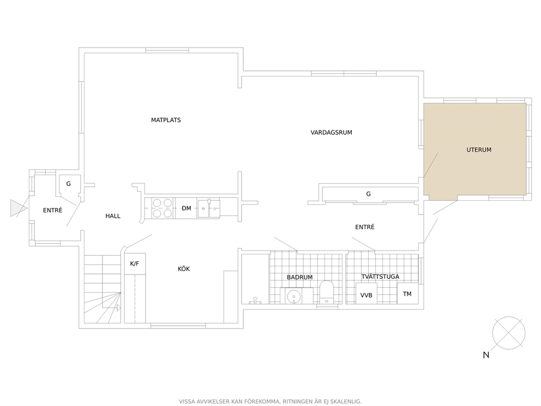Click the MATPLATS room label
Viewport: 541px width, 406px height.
(166, 120)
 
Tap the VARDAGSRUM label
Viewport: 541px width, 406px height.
(331, 133)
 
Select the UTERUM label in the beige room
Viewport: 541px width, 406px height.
(479, 150)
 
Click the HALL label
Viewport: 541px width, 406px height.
(113, 216)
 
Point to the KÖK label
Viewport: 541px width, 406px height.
(184, 268)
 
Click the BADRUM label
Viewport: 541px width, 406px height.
(300, 277)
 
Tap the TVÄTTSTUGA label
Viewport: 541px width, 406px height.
(380, 277)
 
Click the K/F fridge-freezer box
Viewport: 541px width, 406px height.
(135, 264)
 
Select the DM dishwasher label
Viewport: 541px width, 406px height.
(187, 208)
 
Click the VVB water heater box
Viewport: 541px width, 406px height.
(366, 294)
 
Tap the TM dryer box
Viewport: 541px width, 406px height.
(407, 294)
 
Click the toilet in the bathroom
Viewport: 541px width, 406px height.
(326, 292)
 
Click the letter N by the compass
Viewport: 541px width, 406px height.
(486, 355)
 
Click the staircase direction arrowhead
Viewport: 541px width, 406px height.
(119, 308)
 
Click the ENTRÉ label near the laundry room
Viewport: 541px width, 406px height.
(365, 227)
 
